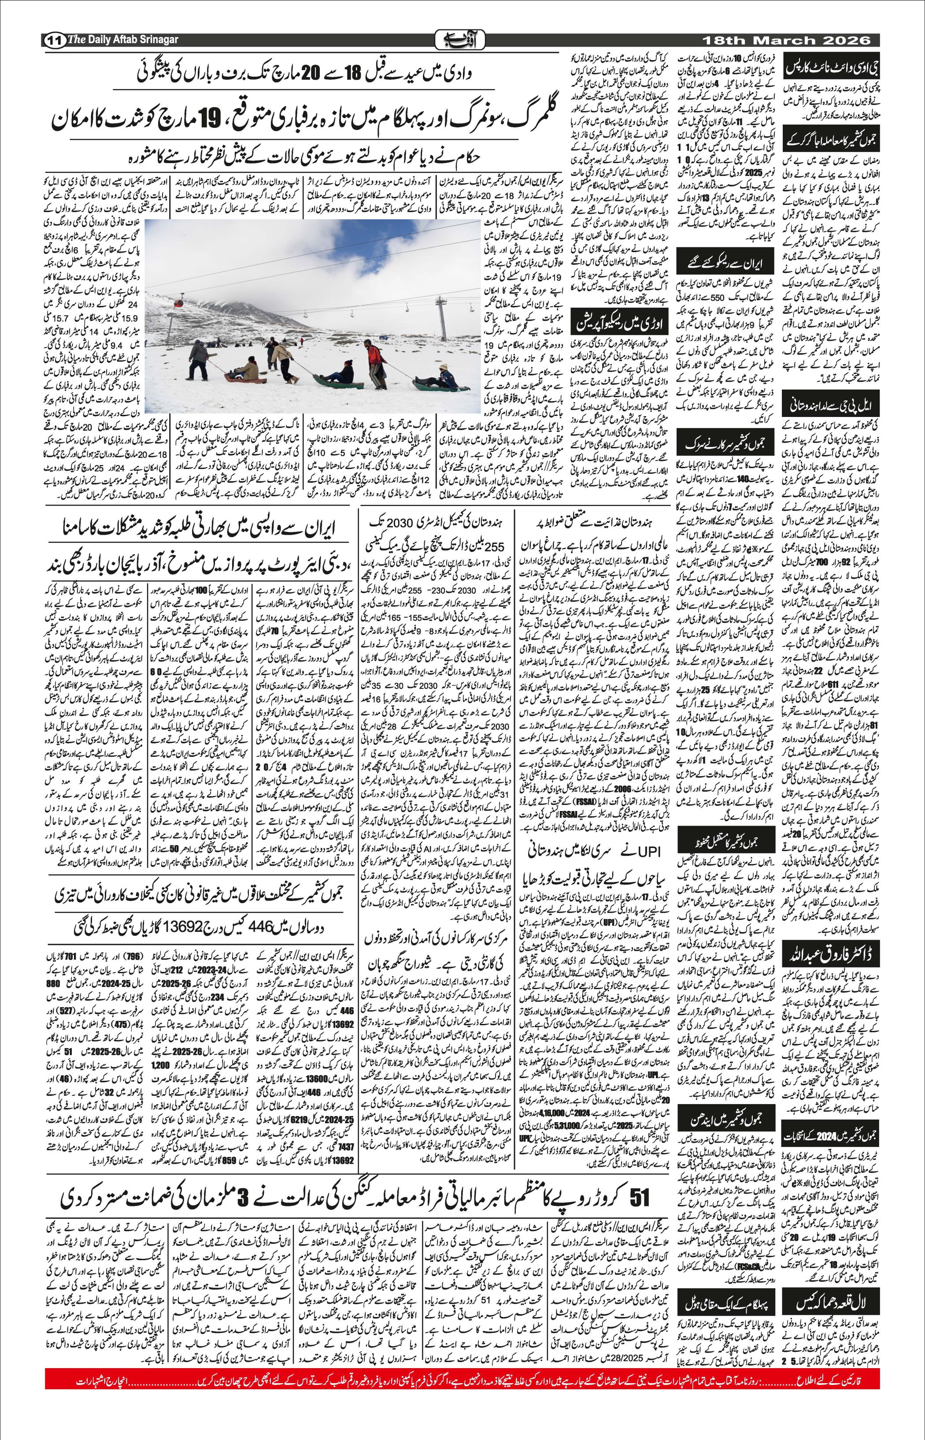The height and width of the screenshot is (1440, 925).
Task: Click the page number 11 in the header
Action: [x=55, y=40]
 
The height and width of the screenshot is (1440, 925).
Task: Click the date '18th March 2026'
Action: [x=787, y=40]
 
